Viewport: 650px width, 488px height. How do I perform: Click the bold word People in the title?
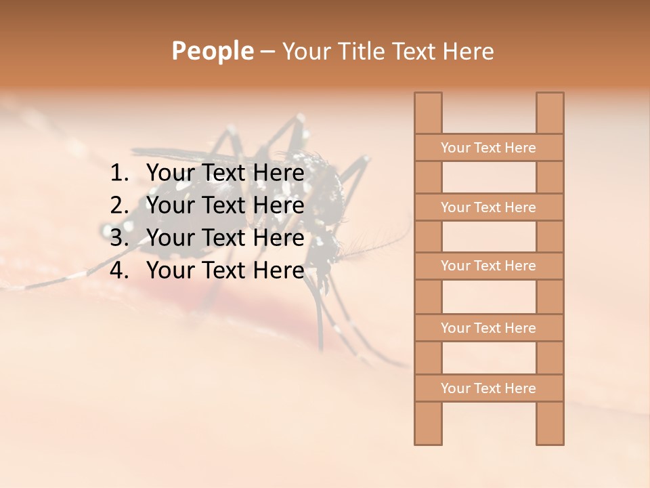click(x=212, y=51)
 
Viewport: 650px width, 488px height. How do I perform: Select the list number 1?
click(x=118, y=174)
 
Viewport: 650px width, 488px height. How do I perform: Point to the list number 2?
click(x=118, y=205)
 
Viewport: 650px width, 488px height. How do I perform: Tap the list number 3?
click(x=118, y=238)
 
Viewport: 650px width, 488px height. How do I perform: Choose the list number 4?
click(x=118, y=270)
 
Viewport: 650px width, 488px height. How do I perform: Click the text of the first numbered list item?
click(x=225, y=174)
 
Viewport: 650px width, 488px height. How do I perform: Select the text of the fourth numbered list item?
click(x=225, y=270)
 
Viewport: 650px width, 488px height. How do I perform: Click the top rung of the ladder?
click(x=488, y=148)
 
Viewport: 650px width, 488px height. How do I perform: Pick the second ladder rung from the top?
click(x=488, y=207)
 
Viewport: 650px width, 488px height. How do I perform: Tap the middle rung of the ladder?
click(x=488, y=266)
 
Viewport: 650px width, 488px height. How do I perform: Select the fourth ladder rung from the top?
click(x=488, y=328)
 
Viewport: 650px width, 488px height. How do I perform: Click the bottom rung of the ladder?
click(x=488, y=388)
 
